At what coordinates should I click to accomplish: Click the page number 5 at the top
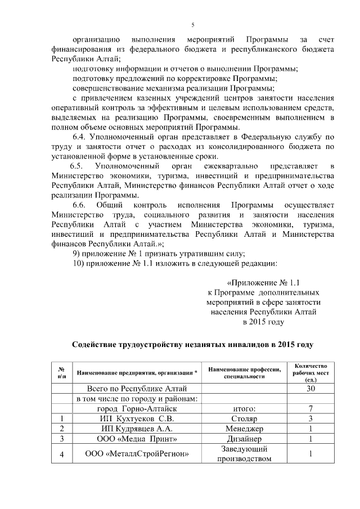192,25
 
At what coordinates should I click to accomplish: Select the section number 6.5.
76,166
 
